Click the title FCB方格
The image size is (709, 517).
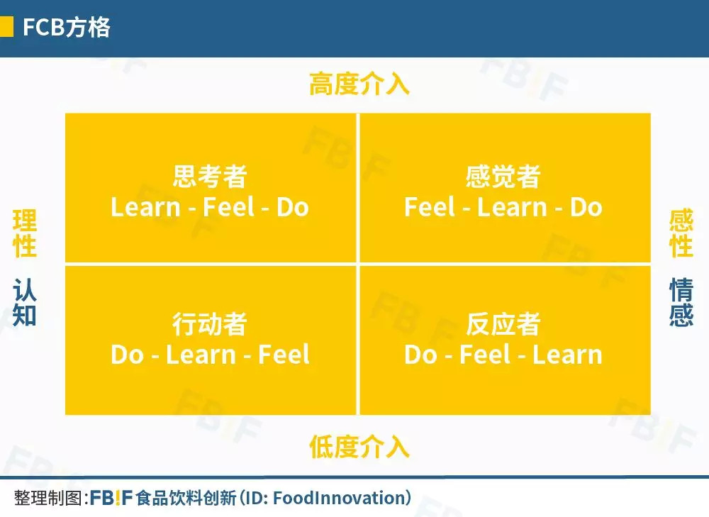tap(67, 27)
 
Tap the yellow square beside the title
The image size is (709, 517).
tap(6, 27)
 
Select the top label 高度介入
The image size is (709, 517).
tap(359, 84)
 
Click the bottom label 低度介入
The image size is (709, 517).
tap(359, 447)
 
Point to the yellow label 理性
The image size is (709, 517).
tap(24, 233)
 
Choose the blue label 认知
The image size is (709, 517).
tap(24, 302)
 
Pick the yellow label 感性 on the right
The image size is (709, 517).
tap(681, 233)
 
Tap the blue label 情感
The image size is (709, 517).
tap(681, 302)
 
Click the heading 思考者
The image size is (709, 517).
tap(210, 176)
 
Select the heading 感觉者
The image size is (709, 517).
tap(503, 176)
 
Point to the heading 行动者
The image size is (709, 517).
tap(210, 324)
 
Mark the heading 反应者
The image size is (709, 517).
tap(503, 324)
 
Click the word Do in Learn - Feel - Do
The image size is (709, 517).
tap(293, 208)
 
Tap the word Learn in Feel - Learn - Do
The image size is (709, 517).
tap(513, 208)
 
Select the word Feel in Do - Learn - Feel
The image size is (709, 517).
tap(284, 355)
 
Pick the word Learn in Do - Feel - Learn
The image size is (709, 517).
tap(567, 355)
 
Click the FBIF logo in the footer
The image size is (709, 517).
tap(111, 498)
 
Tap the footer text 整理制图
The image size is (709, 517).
tap(48, 498)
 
